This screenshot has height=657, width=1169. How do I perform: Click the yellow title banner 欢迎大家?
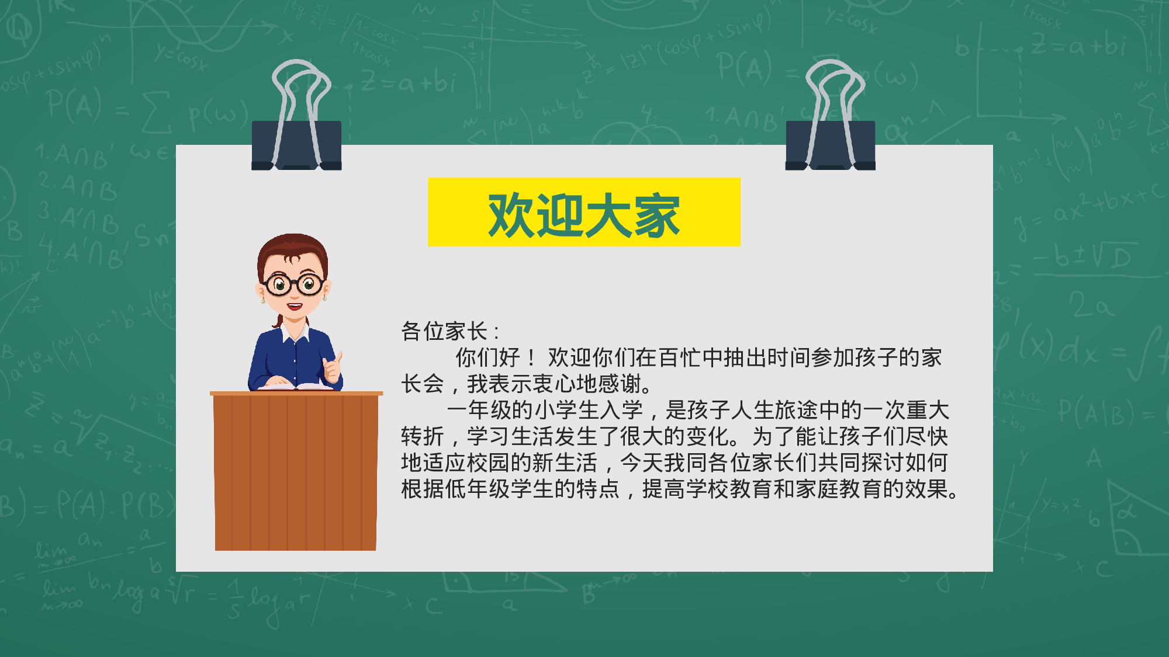coord(584,212)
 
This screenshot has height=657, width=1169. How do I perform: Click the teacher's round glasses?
coord(294,285)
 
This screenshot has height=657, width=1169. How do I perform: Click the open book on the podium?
coord(295,386)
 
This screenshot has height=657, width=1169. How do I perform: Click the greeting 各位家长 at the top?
coord(444,331)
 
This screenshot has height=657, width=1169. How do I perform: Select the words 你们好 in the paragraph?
coord(488,357)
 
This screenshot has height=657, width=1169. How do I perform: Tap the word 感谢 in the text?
coord(620,384)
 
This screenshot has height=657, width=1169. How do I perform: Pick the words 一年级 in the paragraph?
coord(479,410)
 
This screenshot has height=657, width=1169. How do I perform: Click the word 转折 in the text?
coord(423,436)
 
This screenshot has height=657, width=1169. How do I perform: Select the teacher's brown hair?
coord(292,245)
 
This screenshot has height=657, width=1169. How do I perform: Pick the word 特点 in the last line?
coord(598,489)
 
